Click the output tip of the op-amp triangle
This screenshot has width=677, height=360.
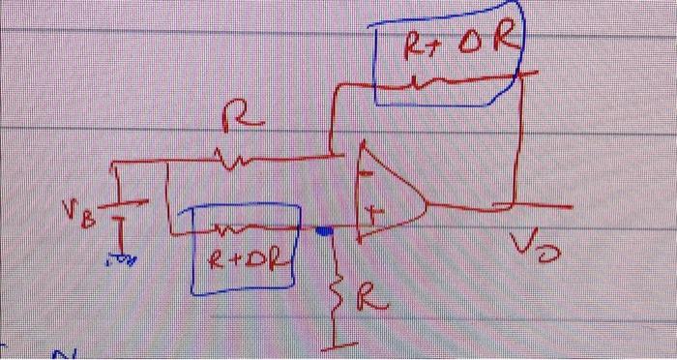coord(427,204)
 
